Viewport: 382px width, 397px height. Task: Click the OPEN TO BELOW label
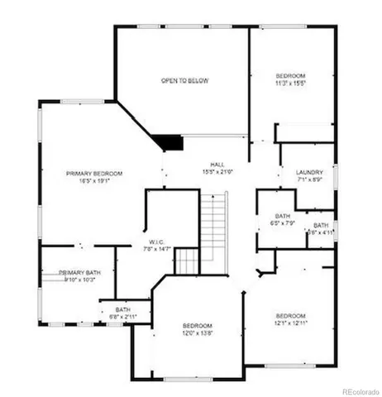pos(184,81)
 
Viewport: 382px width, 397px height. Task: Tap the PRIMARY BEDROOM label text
pos(94,174)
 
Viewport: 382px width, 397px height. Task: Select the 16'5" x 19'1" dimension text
pos(94,181)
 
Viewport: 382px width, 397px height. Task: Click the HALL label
pos(217,165)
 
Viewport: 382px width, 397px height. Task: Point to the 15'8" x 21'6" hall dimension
pos(217,172)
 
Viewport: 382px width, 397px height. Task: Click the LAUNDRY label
pos(308,173)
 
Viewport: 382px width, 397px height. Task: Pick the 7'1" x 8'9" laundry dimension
pos(308,180)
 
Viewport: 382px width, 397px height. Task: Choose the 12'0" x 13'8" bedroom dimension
pos(198,333)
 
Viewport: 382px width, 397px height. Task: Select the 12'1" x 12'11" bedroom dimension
pos(290,323)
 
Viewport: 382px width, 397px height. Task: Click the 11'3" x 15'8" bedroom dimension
pos(291,81)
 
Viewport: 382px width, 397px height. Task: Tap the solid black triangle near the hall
pos(172,141)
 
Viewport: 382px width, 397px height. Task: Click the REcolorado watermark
pos(356,390)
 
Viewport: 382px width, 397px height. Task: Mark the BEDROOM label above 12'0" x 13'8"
pos(198,326)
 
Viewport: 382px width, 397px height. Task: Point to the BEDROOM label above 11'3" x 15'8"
pos(291,74)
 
